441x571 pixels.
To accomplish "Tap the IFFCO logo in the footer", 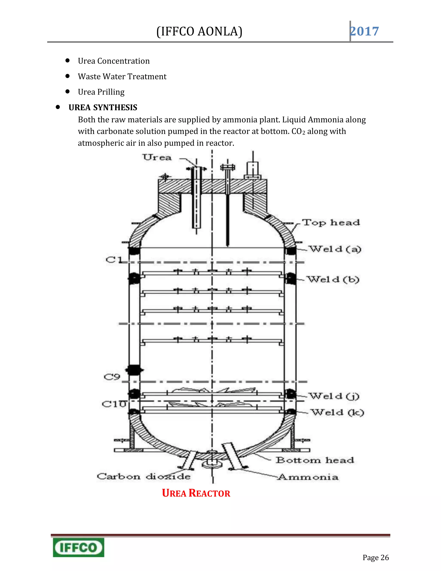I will coord(78,547).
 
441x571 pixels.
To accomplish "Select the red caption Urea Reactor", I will coord(196,493).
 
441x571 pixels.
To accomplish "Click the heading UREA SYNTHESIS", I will coord(103,108).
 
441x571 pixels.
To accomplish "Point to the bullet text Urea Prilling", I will coord(101,92).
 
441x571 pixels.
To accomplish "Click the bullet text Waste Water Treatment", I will coord(122,77).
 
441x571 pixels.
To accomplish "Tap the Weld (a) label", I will coord(335,249).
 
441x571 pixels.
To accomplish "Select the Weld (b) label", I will coord(333,279).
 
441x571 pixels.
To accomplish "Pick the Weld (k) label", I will coord(337,412).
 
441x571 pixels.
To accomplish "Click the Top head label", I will coord(331,223).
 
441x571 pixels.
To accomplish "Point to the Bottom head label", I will coord(315,460).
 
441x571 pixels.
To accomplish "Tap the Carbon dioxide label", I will coord(143,476).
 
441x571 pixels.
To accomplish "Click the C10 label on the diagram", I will coord(114,404).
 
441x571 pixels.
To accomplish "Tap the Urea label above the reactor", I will coord(157,157).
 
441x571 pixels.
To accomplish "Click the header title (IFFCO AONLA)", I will coord(199,31).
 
